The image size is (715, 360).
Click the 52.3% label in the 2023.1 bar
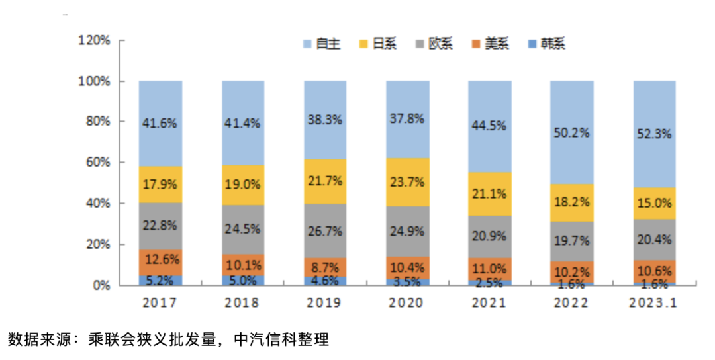pos(655,133)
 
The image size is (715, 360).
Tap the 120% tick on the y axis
pos(95,40)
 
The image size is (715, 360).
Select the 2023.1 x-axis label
pos(655,303)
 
